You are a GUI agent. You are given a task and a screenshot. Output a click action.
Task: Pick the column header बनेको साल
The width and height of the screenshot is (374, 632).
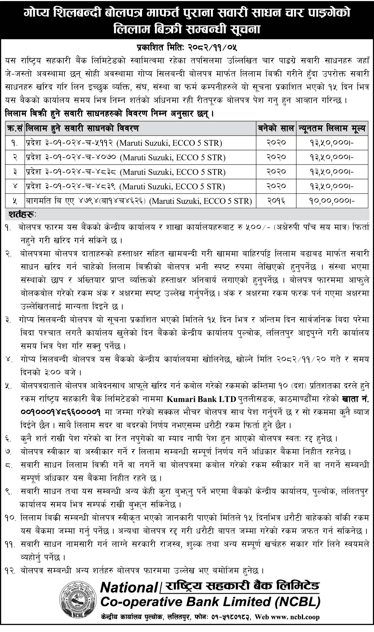click(x=276, y=129)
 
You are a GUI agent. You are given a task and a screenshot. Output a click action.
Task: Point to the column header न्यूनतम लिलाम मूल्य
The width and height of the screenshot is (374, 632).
click(x=332, y=129)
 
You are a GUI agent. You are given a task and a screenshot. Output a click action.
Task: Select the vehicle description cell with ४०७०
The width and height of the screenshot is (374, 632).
click(x=125, y=158)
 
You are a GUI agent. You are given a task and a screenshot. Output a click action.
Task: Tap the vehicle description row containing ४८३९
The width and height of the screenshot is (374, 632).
click(x=125, y=186)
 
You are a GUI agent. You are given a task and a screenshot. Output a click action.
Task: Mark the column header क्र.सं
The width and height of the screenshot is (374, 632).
click(x=15, y=129)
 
